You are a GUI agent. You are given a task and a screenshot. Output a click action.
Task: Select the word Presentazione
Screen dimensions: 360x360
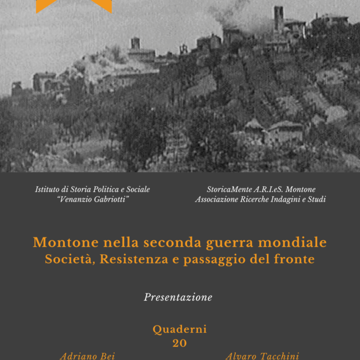click(178, 297)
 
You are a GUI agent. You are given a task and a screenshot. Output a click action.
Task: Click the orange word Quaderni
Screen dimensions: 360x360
click(179, 330)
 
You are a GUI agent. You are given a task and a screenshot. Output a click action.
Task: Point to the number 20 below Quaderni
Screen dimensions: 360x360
click(179, 343)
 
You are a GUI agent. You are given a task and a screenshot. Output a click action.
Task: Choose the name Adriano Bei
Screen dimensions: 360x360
click(88, 356)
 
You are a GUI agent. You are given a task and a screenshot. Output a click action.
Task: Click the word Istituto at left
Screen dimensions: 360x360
click(49, 189)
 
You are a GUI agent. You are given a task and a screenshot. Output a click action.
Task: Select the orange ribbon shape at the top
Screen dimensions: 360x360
click(74, 6)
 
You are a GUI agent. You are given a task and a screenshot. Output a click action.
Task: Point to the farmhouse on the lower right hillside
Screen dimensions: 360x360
click(285, 132)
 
